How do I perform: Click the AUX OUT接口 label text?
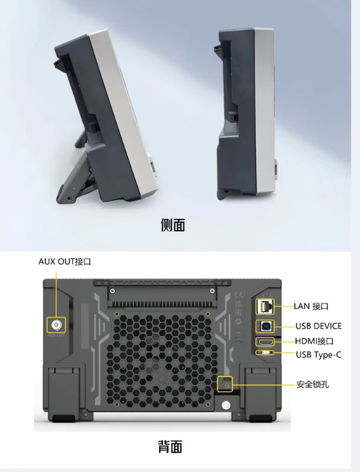click(x=65, y=261)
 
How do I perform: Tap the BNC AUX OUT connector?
click(x=56, y=325)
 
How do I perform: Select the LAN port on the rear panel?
click(x=265, y=307)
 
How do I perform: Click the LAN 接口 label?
click(x=311, y=306)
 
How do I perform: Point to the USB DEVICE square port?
click(x=265, y=326)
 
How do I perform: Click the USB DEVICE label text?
click(x=318, y=326)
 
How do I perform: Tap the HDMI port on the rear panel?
click(x=265, y=342)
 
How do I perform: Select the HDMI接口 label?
click(x=314, y=341)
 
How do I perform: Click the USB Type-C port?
click(x=265, y=352)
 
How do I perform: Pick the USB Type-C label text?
click(x=318, y=355)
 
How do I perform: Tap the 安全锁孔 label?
click(x=313, y=384)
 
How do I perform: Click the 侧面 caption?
click(x=173, y=225)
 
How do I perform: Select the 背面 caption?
click(x=170, y=447)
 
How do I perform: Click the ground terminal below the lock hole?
click(x=225, y=405)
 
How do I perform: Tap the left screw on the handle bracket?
click(x=112, y=291)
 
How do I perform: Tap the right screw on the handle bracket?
click(x=212, y=291)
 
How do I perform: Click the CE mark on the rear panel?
click(x=238, y=294)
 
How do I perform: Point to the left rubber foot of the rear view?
click(x=63, y=419)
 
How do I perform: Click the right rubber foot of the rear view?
click(x=260, y=419)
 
